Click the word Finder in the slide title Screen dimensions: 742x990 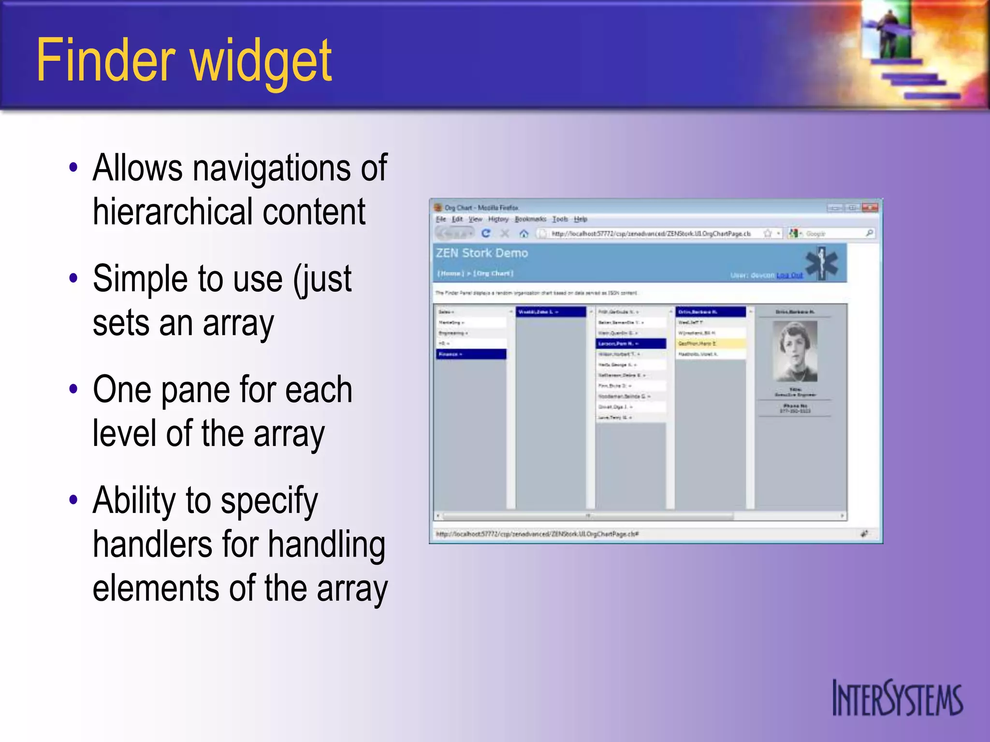coord(105,60)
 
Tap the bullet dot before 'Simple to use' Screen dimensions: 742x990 coord(73,278)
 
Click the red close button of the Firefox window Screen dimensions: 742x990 coord(870,208)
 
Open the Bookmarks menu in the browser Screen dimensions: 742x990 coord(530,219)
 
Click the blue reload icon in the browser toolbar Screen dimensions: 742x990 coord(486,234)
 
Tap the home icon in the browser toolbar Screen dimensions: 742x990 coord(524,234)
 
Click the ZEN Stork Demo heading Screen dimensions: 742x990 coord(481,253)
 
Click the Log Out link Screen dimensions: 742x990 coord(789,275)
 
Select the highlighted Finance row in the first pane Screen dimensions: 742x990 coord(471,354)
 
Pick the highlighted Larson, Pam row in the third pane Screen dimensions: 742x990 coord(631,343)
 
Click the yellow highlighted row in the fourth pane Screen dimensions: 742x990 coord(711,343)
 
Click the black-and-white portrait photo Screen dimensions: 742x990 coord(795,351)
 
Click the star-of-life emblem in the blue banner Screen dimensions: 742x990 coord(821,263)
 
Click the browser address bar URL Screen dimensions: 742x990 coord(651,234)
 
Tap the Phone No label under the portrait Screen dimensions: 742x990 coord(795,406)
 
